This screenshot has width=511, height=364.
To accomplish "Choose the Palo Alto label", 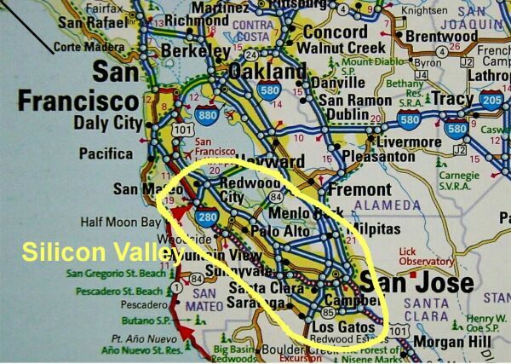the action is coord(283,231).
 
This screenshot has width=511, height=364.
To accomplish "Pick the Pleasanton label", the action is coord(382,157).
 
